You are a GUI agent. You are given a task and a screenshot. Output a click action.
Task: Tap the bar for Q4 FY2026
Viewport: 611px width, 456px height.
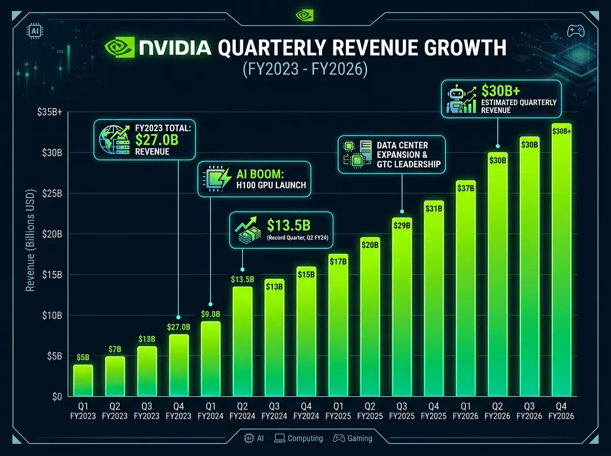562,265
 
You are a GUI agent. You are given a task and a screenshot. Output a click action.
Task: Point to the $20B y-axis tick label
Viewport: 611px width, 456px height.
51,234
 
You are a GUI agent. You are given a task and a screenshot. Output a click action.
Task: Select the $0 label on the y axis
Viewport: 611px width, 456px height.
57,397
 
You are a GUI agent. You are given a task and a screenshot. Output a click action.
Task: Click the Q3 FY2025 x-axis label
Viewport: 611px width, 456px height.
402,412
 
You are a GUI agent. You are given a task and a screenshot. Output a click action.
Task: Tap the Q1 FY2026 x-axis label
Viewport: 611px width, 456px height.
465,412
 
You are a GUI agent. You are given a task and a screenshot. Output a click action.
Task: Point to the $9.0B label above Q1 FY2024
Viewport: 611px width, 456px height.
210,314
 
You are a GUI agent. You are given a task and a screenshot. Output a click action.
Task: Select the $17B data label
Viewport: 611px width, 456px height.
338,262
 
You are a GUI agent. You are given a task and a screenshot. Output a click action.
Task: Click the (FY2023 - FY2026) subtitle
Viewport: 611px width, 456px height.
305,69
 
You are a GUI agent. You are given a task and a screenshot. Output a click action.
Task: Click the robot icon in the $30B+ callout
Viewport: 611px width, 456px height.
456,99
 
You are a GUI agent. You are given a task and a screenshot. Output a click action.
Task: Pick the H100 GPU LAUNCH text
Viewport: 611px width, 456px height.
270,185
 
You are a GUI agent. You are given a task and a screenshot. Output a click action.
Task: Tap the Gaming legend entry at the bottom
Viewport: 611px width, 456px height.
353,438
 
